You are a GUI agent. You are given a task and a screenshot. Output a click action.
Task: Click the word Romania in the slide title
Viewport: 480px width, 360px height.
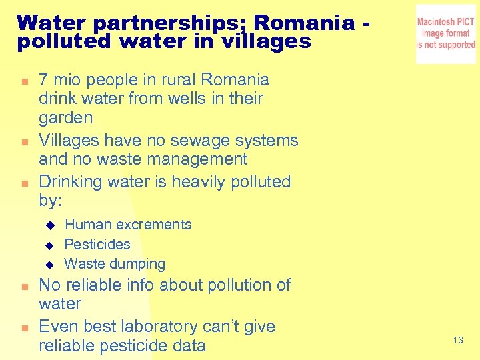click(x=303, y=23)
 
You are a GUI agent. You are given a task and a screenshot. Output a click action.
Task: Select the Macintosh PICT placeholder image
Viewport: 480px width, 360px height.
click(x=445, y=34)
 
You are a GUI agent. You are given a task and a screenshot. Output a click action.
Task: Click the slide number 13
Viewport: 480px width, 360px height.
click(x=457, y=341)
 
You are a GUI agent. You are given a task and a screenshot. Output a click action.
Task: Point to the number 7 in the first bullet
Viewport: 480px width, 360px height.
click(x=44, y=80)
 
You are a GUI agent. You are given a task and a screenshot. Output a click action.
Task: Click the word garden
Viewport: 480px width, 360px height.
click(x=66, y=118)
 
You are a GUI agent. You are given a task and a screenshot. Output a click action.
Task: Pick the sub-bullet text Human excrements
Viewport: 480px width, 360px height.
click(x=128, y=225)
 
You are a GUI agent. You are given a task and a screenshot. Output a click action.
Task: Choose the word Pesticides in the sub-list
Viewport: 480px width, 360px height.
click(x=97, y=245)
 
